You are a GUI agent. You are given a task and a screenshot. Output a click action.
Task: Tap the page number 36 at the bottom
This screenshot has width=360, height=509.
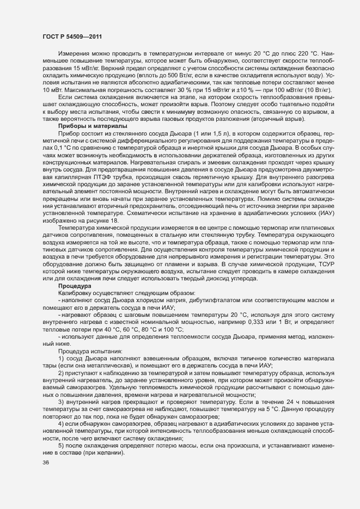pyautogui.click(x=45, y=463)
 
